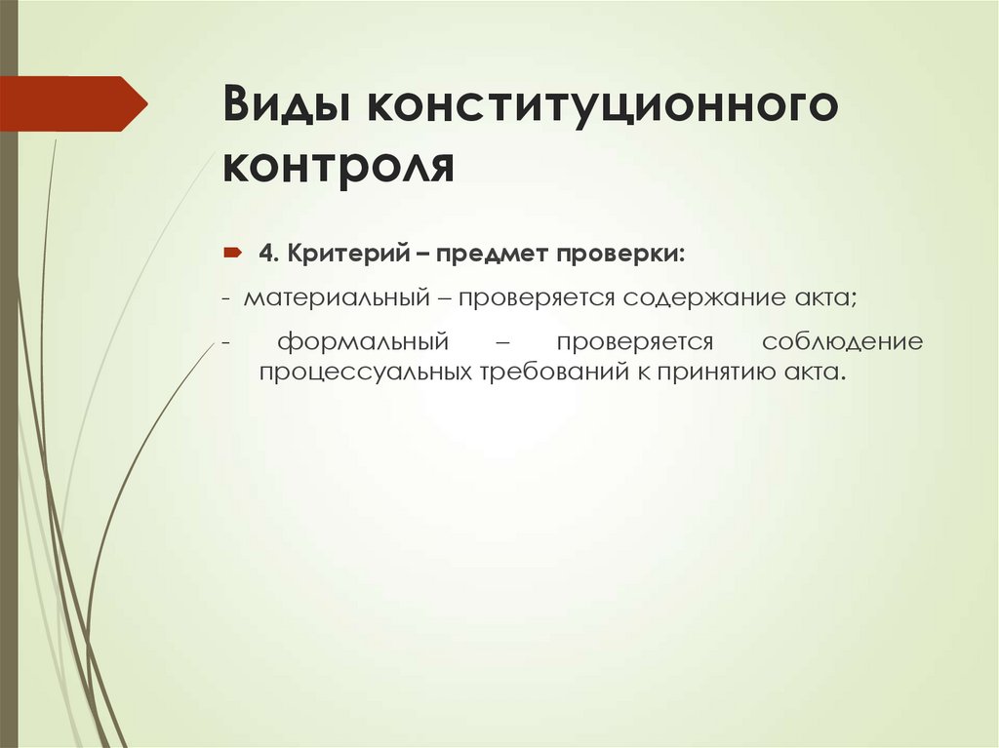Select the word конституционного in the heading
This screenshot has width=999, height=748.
[x=602, y=105]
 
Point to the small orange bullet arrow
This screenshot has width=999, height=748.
[x=234, y=254]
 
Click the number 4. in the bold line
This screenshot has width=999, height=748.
[x=270, y=254]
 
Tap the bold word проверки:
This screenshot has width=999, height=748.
[x=621, y=254]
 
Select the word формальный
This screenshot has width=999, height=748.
[x=362, y=342]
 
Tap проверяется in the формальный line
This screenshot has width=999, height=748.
[x=636, y=342]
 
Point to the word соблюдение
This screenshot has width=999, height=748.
[x=843, y=342]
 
